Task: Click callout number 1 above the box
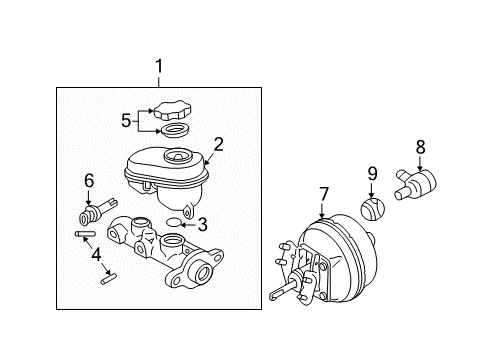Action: [x=158, y=68]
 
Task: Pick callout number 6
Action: [x=88, y=180]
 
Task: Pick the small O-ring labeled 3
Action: [x=173, y=222]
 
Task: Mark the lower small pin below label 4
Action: [x=111, y=282]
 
